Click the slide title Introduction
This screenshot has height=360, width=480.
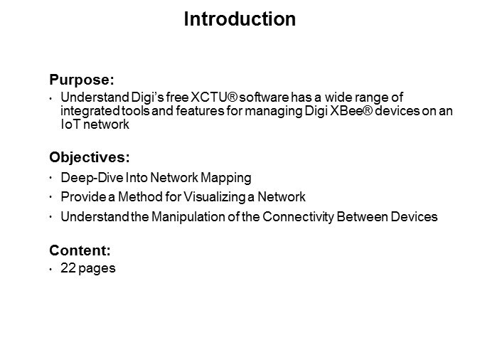[240, 19]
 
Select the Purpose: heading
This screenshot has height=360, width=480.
[82, 80]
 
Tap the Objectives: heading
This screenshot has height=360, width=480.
[90, 157]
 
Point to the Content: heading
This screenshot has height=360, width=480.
[80, 250]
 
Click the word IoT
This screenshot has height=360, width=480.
[70, 124]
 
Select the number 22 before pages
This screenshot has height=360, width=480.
[68, 268]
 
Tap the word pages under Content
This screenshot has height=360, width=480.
[97, 269]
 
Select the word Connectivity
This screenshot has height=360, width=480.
[298, 217]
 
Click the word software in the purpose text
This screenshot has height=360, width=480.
[265, 97]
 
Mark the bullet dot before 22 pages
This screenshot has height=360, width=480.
[50, 270]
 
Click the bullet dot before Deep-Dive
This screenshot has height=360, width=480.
[50, 178]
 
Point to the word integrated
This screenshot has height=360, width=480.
[90, 111]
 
